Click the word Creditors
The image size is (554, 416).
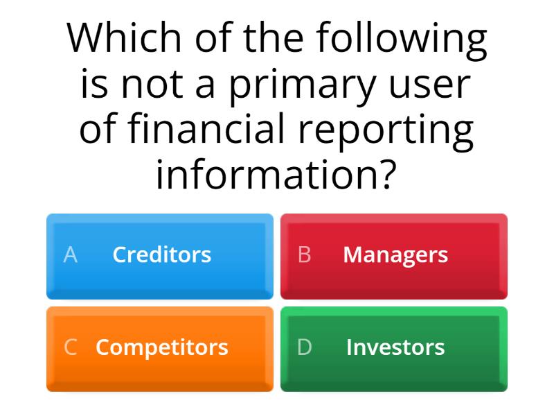(161, 255)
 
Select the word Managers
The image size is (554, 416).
(395, 255)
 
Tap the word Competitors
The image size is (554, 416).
(161, 347)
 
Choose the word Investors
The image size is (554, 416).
(395, 347)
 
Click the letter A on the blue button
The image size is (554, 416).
(70, 255)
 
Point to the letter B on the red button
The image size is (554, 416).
(304, 255)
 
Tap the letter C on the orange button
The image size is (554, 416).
(70, 347)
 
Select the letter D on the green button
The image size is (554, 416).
(304, 347)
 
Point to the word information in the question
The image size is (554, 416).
(265, 175)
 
